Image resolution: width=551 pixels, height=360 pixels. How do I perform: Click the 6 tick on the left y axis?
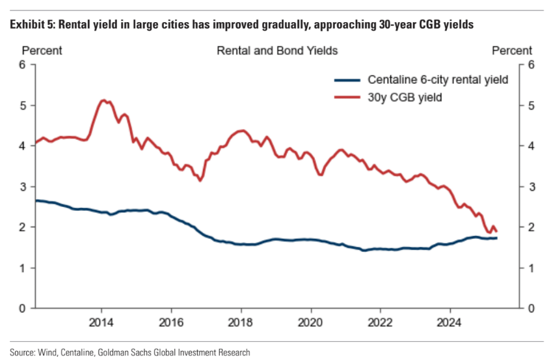click(22, 65)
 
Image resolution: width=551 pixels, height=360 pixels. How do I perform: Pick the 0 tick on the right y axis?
click(530, 308)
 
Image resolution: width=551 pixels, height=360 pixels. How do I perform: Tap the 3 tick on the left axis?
click(22, 187)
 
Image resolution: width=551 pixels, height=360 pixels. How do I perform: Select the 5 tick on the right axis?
click(530, 105)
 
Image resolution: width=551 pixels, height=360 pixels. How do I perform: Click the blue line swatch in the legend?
click(346, 80)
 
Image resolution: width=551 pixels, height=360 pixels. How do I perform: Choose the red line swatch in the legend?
click(346, 97)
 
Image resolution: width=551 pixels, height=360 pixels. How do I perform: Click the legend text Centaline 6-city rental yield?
click(438, 80)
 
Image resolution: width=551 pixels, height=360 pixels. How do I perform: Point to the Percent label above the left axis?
click(42, 50)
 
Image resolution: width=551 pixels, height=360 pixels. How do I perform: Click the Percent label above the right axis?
click(512, 50)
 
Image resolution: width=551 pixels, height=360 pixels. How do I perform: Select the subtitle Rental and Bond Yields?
click(277, 50)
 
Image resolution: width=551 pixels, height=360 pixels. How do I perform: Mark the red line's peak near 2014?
click(103, 100)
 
